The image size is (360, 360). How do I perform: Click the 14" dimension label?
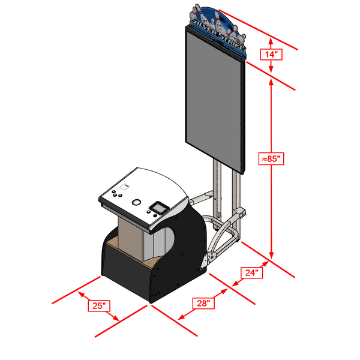271,55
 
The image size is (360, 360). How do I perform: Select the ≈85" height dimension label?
271,158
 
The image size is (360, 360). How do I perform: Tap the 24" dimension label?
251,272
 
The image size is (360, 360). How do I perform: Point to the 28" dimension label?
203,303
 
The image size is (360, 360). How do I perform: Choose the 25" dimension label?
99,305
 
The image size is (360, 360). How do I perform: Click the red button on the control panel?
155,215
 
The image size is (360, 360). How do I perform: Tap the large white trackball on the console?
136,202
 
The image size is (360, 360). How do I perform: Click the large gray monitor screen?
215,100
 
